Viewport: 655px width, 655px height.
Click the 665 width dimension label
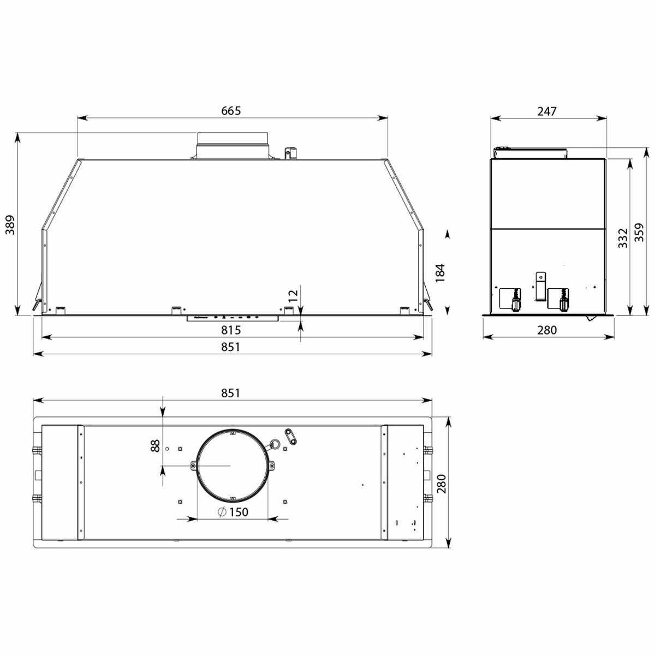(x=231, y=110)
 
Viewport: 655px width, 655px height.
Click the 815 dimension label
(x=231, y=330)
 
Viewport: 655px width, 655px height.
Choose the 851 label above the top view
(x=231, y=393)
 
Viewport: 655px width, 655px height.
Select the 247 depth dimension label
(x=546, y=111)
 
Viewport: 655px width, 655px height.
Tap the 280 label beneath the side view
(x=546, y=330)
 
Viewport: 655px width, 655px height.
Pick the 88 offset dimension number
(x=155, y=446)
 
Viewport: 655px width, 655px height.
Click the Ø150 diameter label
(x=233, y=512)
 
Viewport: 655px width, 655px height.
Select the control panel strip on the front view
(x=233, y=317)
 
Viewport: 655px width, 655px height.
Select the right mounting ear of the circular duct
(x=272, y=466)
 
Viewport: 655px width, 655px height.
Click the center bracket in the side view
(x=540, y=286)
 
